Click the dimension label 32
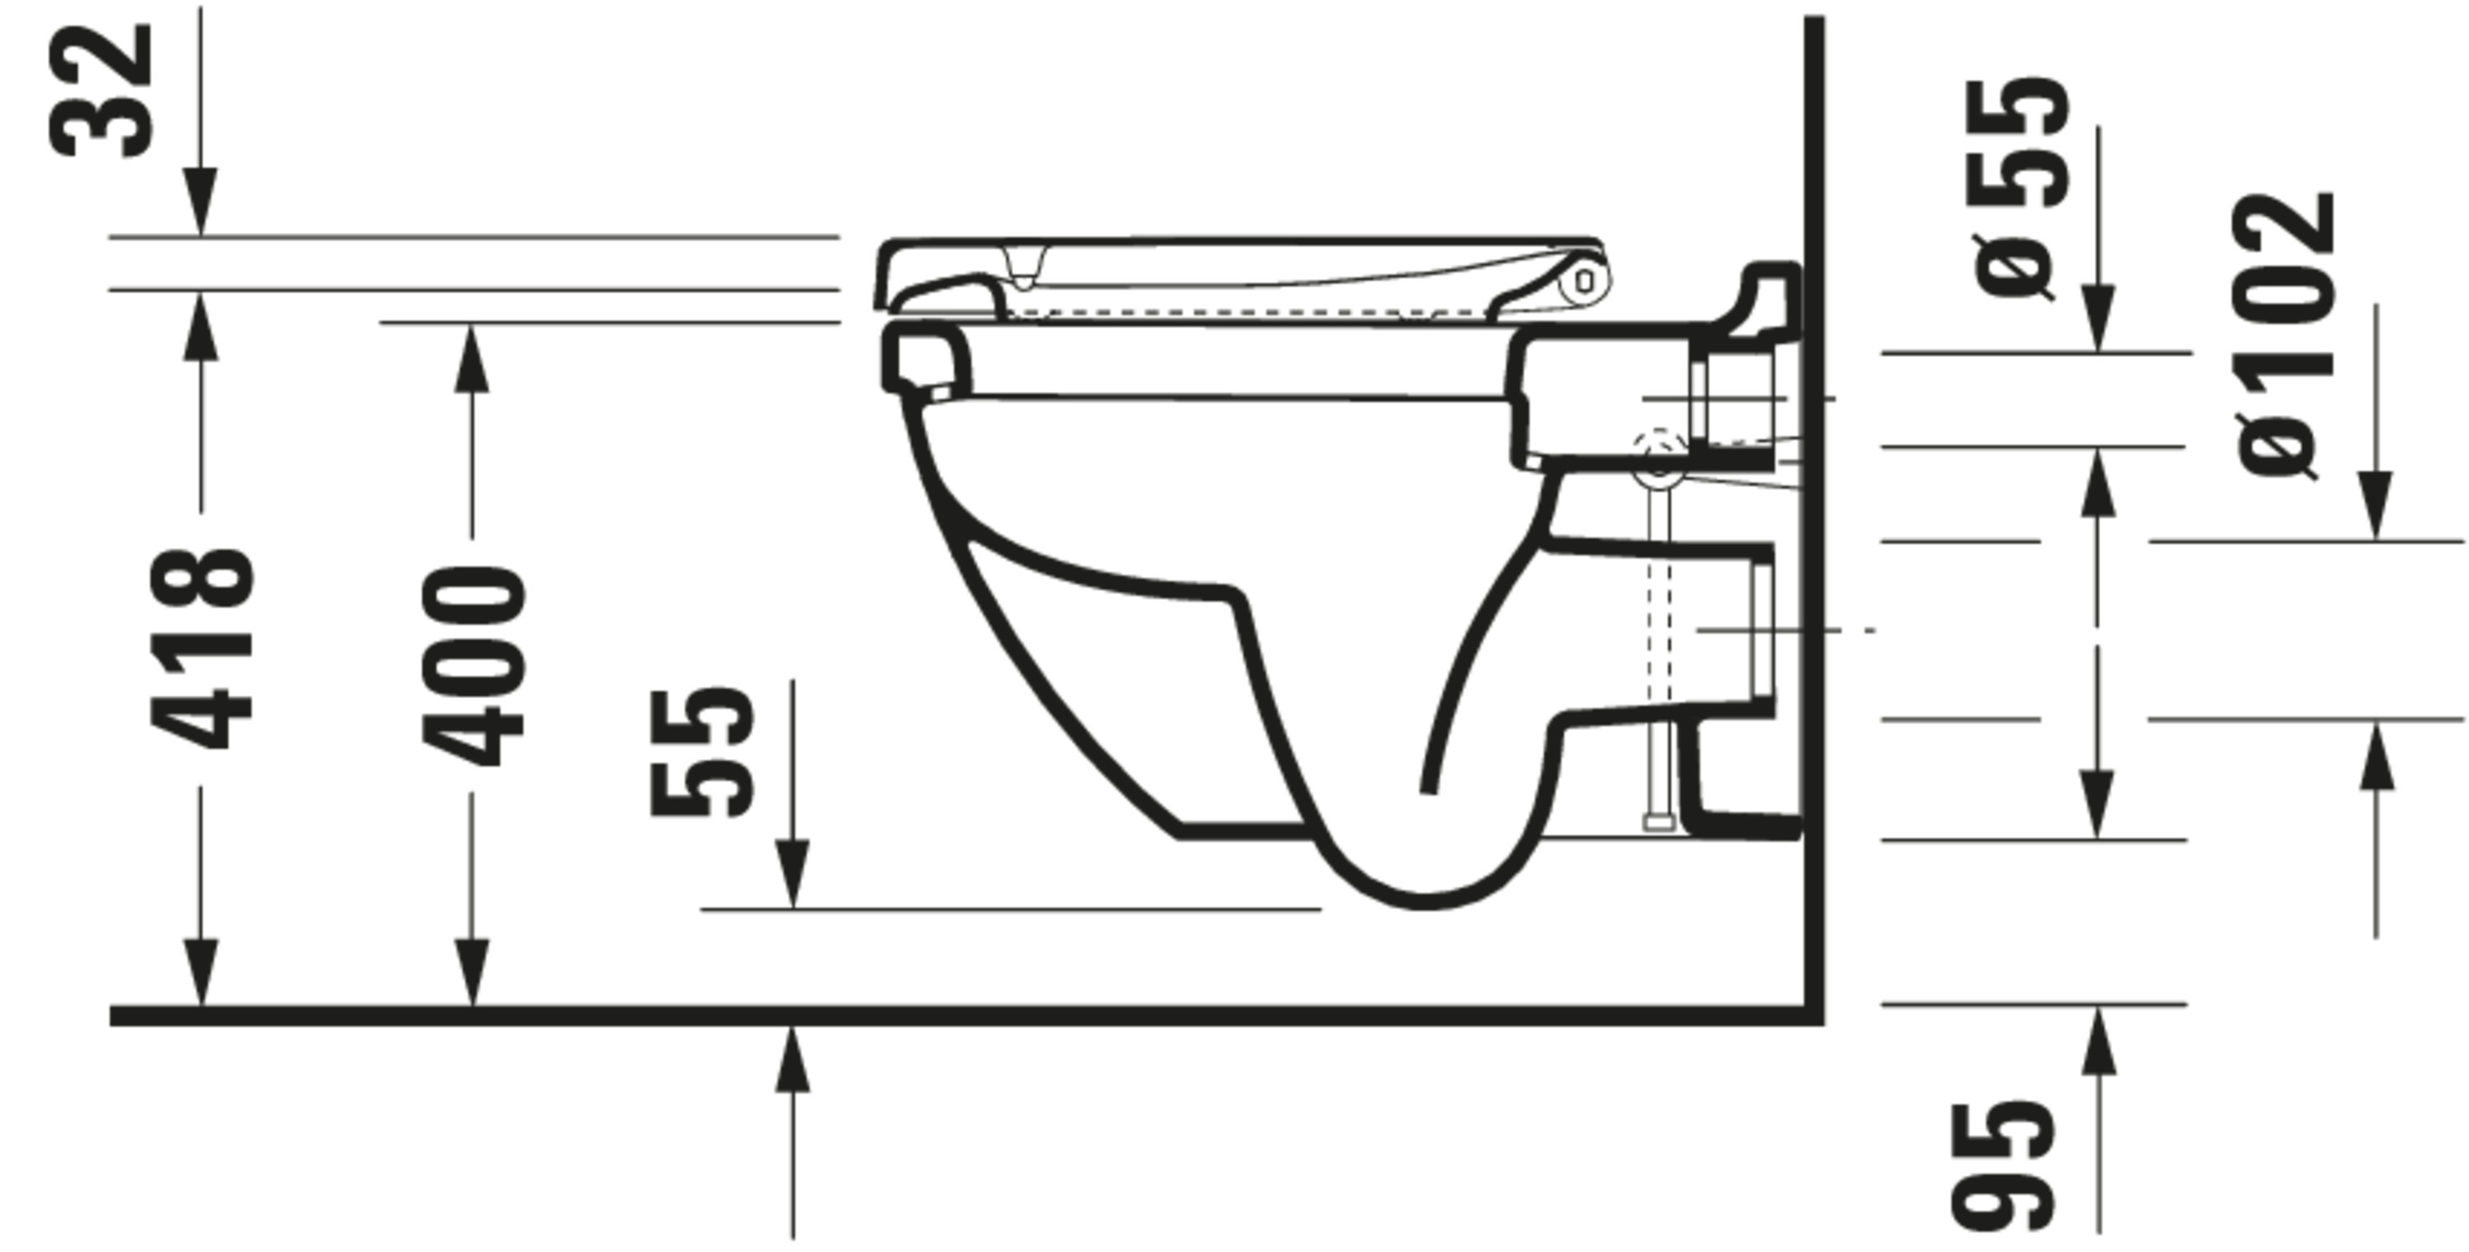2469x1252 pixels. [x=100, y=91]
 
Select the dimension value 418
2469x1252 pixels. [x=202, y=648]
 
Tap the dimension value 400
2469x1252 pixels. [x=472, y=666]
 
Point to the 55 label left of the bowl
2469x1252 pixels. [x=701, y=752]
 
